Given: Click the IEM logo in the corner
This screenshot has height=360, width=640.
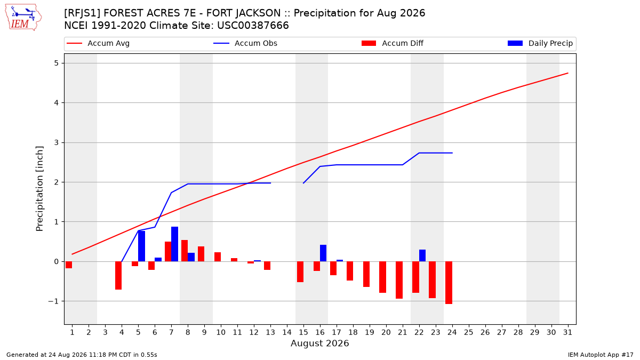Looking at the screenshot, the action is (x=23, y=18).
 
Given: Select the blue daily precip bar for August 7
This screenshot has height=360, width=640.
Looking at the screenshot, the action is (x=174, y=244).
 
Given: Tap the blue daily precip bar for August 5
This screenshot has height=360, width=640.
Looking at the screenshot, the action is (x=141, y=246).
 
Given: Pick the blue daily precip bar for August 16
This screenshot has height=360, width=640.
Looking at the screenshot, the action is (x=323, y=253).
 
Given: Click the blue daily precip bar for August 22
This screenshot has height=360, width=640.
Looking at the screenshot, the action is (x=422, y=255).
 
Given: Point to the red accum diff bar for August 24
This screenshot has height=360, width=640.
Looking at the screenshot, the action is (x=449, y=283).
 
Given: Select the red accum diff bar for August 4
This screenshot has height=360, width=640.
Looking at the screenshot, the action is (x=118, y=275).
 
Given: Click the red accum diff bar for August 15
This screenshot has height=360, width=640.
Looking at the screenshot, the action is (x=300, y=271).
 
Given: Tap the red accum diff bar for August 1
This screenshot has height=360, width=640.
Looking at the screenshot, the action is (x=69, y=265).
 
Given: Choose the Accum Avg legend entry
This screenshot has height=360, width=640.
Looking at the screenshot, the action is (x=98, y=43).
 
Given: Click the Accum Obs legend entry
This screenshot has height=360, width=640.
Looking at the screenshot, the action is (x=245, y=43).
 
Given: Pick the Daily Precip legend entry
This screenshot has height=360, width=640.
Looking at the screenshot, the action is (x=540, y=43).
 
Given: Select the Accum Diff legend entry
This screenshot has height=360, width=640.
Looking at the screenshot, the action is (x=393, y=43).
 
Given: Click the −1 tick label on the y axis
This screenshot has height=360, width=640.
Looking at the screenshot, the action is (x=53, y=301).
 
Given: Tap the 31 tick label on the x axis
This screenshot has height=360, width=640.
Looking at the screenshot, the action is (x=567, y=332).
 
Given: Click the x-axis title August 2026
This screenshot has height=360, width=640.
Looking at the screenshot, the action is (x=319, y=343).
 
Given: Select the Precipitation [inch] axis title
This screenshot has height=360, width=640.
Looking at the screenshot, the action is (x=39, y=189).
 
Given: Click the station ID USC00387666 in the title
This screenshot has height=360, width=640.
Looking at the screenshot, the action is (x=253, y=26).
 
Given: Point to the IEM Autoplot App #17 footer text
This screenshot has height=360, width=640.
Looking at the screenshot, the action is (x=601, y=355).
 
